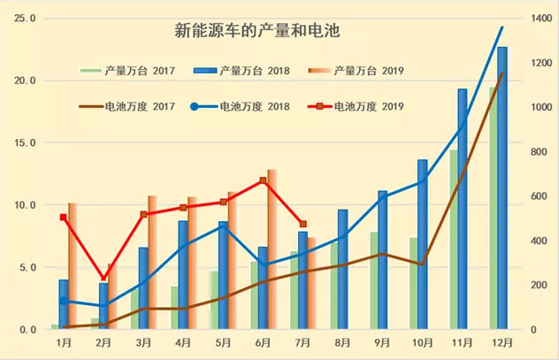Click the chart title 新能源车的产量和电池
pos(258,32)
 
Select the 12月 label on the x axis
pos(502,342)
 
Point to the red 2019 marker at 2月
pos(103,278)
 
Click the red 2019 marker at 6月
pos(263,180)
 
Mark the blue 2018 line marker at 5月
pos(223,226)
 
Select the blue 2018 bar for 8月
pos(342,269)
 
